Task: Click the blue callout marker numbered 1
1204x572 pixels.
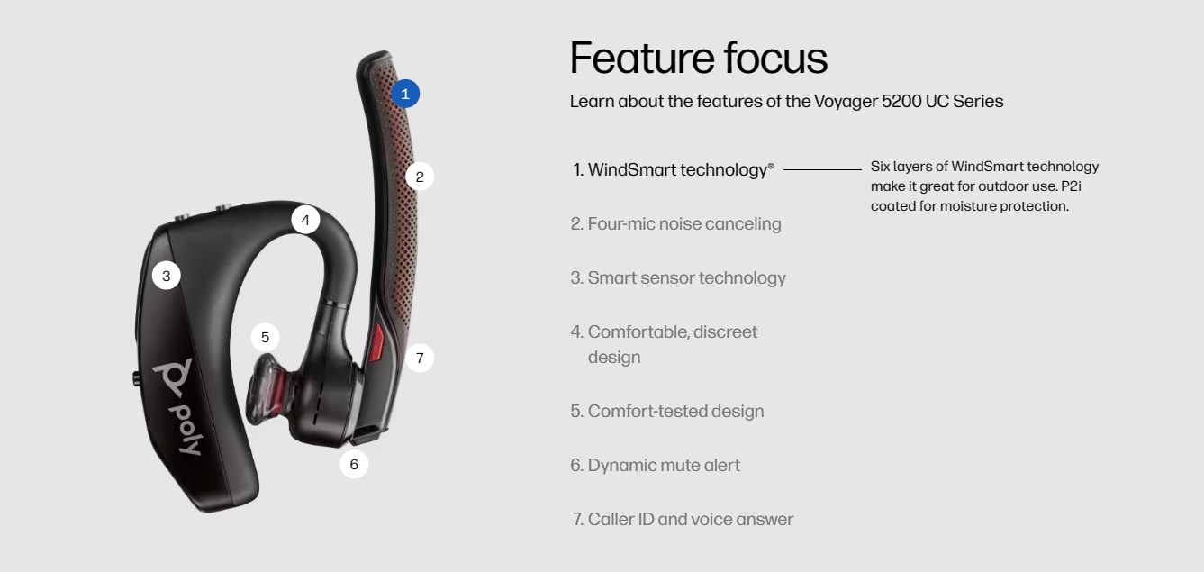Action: pos(405,94)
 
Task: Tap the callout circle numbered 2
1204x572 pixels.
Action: pos(420,177)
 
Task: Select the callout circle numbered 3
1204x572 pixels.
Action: pos(166,276)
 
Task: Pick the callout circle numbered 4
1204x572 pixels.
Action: pos(305,220)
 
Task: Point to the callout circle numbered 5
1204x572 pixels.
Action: pos(265,337)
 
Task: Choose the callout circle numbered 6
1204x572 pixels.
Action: pos(354,464)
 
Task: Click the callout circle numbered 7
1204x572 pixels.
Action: pos(420,358)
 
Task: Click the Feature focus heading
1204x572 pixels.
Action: pos(699,58)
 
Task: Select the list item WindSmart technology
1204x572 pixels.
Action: pos(674,170)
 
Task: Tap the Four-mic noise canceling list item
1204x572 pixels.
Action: pos(675,223)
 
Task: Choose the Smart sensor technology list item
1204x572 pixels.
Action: pos(678,278)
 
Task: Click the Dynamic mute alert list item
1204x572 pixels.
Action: pos(656,465)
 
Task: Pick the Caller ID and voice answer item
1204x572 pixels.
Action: pos(683,520)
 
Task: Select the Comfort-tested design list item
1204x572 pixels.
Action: pos(667,412)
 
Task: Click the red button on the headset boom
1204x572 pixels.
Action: pos(376,342)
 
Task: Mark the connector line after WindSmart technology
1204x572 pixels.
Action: pos(822,170)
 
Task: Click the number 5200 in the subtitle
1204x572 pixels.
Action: pos(901,102)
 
